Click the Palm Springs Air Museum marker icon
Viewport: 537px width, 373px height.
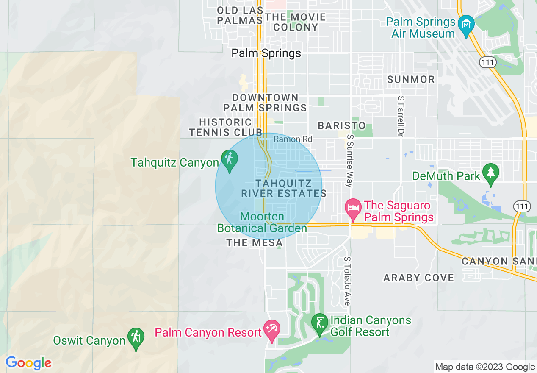tap(466, 24)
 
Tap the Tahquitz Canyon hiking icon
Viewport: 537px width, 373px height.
tap(230, 160)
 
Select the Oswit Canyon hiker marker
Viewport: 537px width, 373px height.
tap(136, 337)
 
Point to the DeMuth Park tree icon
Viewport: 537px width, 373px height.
tap(491, 173)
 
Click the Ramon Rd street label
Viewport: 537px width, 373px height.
tap(293, 139)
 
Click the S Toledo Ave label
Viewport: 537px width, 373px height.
tap(347, 281)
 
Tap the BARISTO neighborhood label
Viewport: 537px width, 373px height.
tap(342, 125)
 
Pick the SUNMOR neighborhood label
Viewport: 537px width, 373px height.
tap(411, 79)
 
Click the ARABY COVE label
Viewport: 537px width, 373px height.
tap(418, 278)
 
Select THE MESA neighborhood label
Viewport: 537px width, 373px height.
tap(254, 242)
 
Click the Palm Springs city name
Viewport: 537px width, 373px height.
tap(266, 53)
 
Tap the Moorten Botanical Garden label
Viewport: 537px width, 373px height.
tap(262, 223)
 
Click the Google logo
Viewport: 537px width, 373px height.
tap(28, 363)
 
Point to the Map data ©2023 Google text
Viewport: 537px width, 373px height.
tap(485, 367)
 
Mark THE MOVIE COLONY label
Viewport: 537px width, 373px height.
tap(296, 22)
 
